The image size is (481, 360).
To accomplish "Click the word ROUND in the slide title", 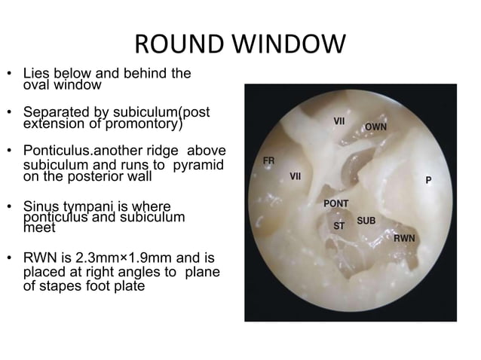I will [x=172, y=45].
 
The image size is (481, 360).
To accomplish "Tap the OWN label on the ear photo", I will [x=375, y=127].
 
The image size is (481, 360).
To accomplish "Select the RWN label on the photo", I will [x=404, y=238].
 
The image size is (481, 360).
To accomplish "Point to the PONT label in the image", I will [x=335, y=203].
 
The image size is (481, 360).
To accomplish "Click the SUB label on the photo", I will [x=366, y=221].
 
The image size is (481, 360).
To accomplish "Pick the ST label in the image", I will [x=339, y=225].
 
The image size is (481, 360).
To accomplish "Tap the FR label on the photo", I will [x=268, y=160].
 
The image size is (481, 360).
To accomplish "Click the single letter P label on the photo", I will [x=428, y=181].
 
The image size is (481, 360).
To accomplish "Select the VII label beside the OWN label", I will [x=339, y=121].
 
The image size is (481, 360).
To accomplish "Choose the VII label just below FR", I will [x=296, y=177].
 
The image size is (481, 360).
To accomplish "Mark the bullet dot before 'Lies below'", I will [x=10, y=75].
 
